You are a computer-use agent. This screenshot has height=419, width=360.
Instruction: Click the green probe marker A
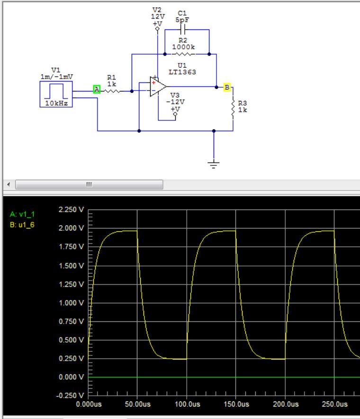tap(97, 89)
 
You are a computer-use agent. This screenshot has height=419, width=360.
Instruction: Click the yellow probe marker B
tap(227, 87)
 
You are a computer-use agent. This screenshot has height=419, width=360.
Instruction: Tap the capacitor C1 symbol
tap(182, 29)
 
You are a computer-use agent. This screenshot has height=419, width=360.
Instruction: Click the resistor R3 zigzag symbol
tap(233, 108)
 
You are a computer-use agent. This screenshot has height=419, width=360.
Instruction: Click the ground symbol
tap(214, 164)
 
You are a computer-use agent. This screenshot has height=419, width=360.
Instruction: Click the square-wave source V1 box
tap(56, 94)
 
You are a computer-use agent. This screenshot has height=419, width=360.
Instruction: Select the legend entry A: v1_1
tap(22, 214)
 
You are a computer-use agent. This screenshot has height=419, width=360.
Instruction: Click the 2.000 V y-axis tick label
tap(70, 228)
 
